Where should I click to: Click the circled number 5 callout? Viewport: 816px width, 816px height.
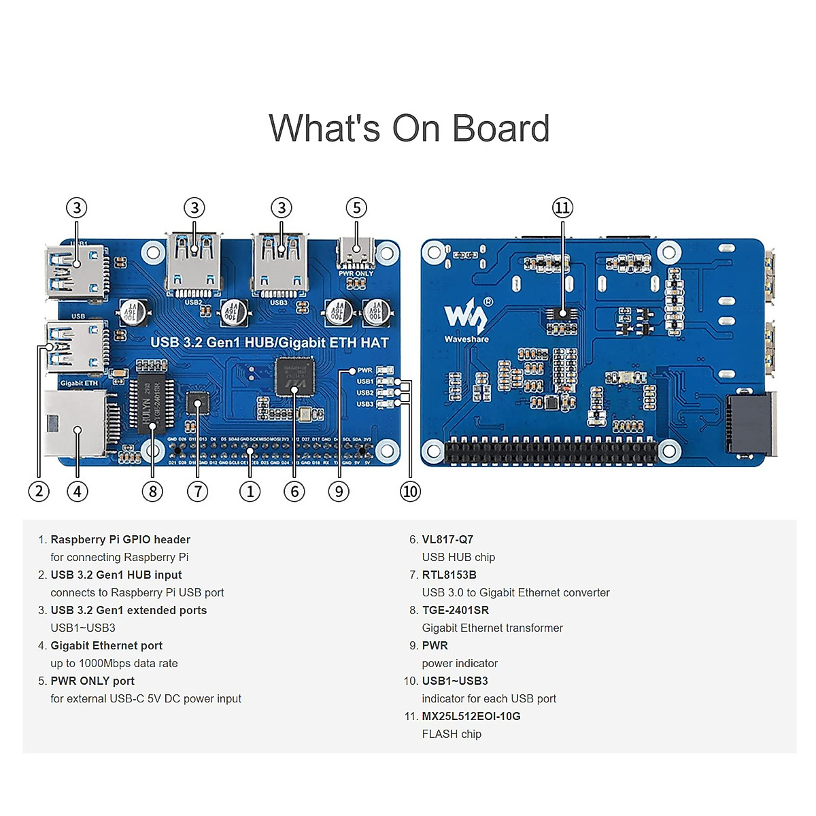tap(356, 208)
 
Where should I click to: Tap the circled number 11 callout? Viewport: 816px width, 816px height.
tap(562, 208)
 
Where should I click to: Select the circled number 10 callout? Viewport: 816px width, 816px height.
tap(410, 491)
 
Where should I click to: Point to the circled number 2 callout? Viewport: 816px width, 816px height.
tap(39, 491)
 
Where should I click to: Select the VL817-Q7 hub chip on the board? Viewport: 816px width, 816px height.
tap(294, 375)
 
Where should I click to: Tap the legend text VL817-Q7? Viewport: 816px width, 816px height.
tap(447, 539)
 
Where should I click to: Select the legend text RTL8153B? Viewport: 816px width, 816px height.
tap(449, 575)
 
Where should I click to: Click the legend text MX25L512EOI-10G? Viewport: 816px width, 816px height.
tap(471, 716)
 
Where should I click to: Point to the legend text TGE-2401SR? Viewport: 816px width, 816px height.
tap(455, 610)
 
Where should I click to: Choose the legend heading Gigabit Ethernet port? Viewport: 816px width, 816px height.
tap(107, 645)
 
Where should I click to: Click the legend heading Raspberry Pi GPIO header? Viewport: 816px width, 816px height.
tap(120, 539)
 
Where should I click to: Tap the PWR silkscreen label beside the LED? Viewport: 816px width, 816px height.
tap(365, 371)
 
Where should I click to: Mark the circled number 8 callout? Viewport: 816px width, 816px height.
tap(152, 491)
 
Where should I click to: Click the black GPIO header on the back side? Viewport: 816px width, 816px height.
tap(551, 451)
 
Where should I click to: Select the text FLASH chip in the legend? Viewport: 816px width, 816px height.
tap(452, 734)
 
